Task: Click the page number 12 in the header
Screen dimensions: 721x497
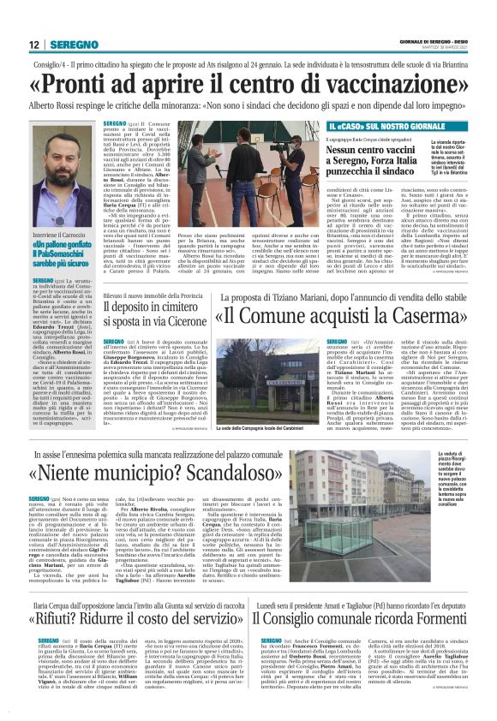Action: coord(34,45)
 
